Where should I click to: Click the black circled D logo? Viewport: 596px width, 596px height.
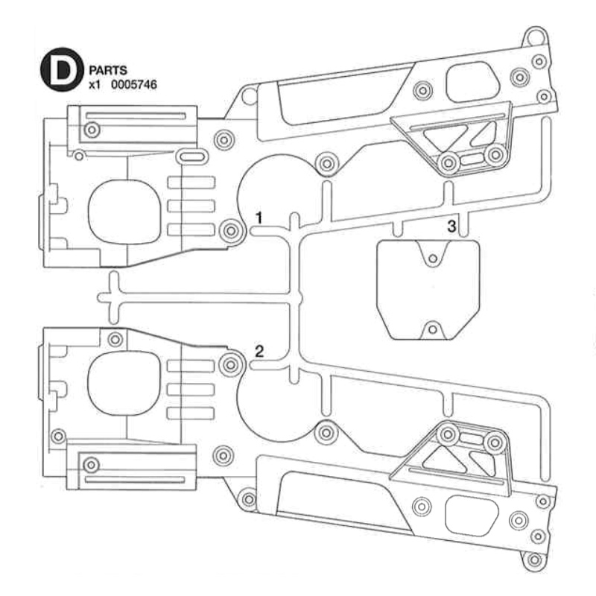coord(62,69)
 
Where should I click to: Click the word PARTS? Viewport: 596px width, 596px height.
coord(108,70)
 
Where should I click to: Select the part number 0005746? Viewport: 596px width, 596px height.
coord(134,84)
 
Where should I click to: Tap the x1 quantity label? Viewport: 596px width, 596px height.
coord(95,85)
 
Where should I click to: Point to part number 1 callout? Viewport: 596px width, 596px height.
coord(259,218)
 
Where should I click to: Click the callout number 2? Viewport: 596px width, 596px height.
coord(259,351)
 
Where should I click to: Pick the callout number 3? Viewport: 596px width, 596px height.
coord(451,226)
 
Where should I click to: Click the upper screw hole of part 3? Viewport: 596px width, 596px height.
coord(433,259)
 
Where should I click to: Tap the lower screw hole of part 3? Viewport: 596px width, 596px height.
coord(432,329)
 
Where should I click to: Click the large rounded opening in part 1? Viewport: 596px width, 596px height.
coord(124,212)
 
